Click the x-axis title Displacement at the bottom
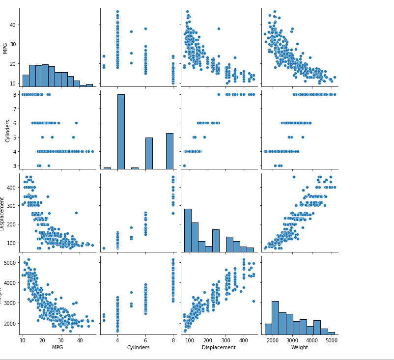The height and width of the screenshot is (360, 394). click(219, 348)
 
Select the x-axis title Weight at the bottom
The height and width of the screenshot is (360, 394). click(299, 348)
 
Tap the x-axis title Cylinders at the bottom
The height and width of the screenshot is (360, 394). click(138, 348)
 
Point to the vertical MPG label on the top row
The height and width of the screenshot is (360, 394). click(5, 48)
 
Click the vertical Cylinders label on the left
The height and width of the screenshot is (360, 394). click(7, 130)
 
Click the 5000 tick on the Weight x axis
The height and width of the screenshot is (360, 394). click(331, 340)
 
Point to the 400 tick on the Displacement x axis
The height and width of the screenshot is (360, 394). click(244, 340)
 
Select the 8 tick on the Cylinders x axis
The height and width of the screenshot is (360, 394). click(173, 340)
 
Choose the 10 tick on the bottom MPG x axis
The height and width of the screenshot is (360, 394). click(23, 340)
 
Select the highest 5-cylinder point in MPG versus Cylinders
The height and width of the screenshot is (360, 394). click(131, 31)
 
